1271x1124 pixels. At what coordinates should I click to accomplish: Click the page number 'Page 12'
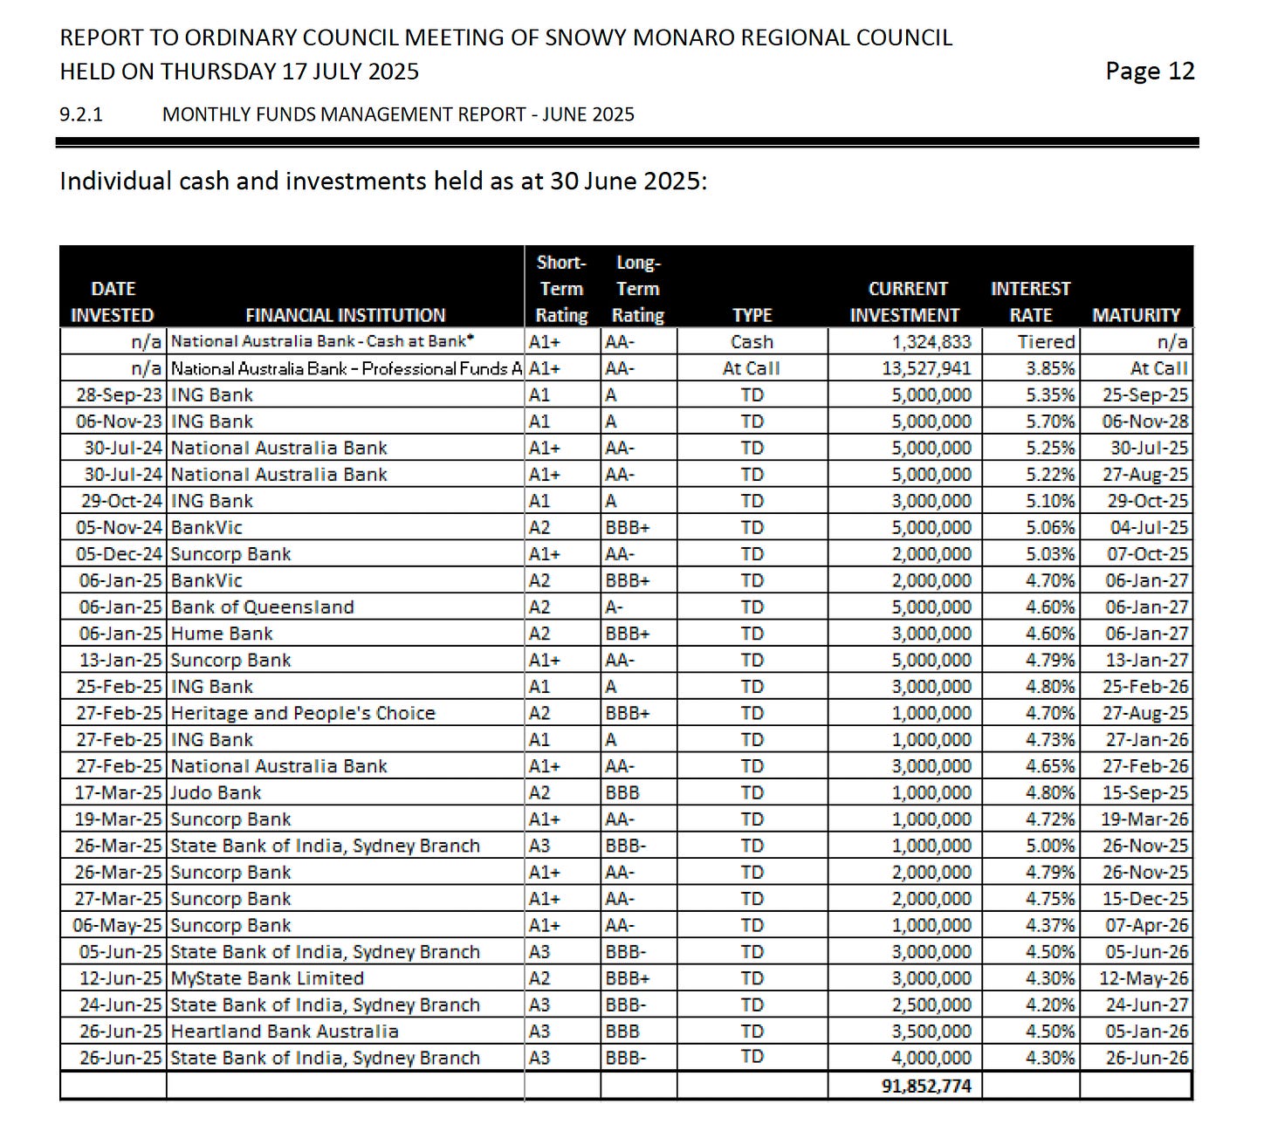click(x=1149, y=72)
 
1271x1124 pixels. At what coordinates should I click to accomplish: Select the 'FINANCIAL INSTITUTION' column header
click(x=345, y=315)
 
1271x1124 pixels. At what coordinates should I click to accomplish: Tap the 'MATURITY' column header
click(x=1136, y=315)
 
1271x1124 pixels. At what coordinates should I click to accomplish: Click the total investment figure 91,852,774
click(x=926, y=1086)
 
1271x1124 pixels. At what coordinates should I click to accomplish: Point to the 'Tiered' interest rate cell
click(x=1046, y=342)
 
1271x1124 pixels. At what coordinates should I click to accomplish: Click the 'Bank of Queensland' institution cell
click(x=262, y=607)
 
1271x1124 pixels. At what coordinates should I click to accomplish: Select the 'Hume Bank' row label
click(x=222, y=634)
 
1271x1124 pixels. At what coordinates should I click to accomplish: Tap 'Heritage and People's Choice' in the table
click(x=302, y=713)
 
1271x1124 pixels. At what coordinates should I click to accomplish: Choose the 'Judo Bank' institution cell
click(x=216, y=792)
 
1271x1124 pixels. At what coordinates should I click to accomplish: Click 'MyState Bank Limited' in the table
click(x=267, y=978)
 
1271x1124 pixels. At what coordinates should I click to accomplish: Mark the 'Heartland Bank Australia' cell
click(x=285, y=1031)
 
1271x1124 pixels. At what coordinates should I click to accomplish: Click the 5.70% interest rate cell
click(x=1050, y=421)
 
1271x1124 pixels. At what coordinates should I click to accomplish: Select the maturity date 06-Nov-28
click(x=1144, y=421)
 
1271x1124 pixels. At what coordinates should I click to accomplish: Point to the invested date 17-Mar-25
click(x=119, y=792)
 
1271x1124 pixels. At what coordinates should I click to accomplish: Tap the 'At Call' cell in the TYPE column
click(x=751, y=368)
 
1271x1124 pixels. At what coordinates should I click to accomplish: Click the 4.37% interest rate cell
click(x=1050, y=925)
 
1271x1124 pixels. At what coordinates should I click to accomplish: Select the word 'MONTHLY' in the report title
click(x=205, y=114)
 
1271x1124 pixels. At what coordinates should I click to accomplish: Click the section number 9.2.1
click(x=81, y=114)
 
